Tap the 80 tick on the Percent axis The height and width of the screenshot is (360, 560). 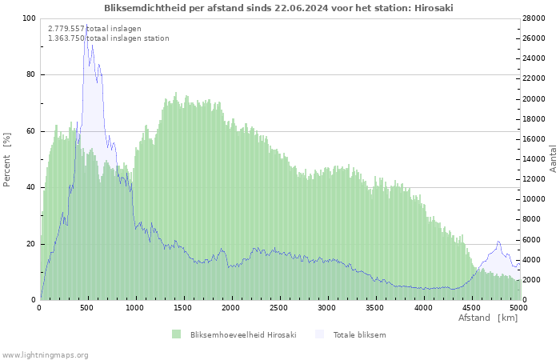30,74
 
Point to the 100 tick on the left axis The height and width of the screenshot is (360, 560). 29,18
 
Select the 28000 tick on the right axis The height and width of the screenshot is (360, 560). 534,18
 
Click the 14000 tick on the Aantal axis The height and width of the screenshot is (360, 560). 534,159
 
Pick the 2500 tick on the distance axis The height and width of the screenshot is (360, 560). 279,307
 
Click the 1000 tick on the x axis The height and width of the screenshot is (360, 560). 135,307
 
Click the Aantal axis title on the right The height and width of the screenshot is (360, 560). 553,158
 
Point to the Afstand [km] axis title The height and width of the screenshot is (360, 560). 487,318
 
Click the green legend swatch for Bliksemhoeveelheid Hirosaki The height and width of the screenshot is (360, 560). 176,334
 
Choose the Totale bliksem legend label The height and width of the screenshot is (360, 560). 359,334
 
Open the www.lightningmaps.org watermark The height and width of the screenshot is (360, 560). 46,354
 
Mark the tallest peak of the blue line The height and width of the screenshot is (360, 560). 85,26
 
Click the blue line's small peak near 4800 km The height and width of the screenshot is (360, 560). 498,241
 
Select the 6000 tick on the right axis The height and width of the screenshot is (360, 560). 532,239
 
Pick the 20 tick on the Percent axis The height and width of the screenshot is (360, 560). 30,244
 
